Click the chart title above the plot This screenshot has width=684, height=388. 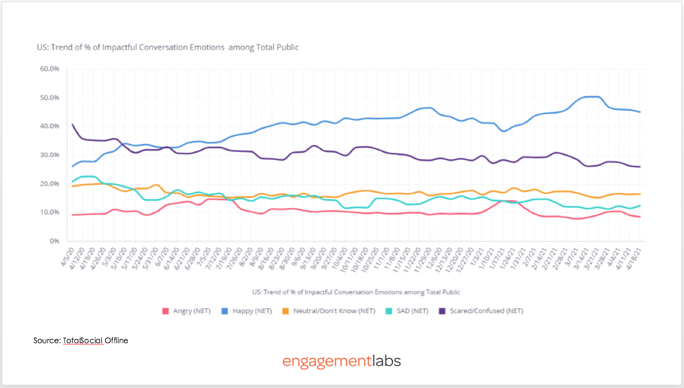[167, 47]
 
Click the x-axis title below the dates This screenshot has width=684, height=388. [356, 292]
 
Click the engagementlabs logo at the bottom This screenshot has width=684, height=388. [342, 360]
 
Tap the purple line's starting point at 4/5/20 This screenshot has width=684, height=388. [72, 125]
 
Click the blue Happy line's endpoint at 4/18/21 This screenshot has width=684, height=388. [640, 112]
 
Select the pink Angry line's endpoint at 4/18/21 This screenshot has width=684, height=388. [640, 217]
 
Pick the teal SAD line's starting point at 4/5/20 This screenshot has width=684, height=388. [72, 182]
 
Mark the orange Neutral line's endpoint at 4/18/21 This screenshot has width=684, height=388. [640, 194]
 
